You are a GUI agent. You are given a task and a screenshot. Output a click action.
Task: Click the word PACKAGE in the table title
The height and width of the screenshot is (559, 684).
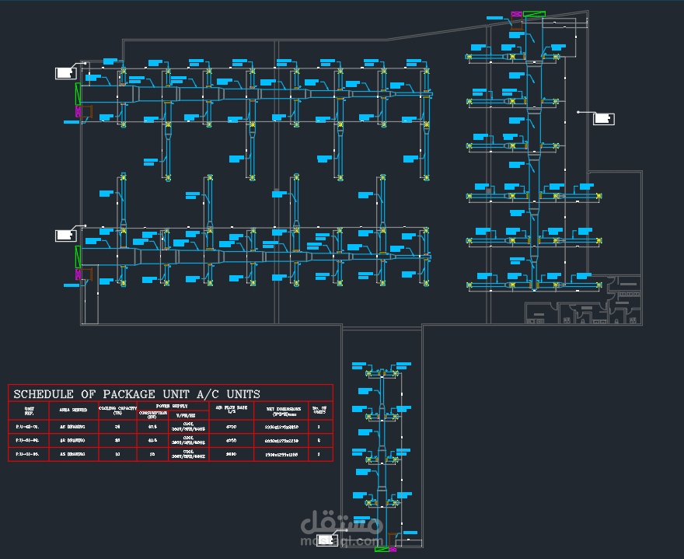129,394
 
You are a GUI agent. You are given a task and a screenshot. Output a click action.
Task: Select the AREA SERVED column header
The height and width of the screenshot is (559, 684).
73,408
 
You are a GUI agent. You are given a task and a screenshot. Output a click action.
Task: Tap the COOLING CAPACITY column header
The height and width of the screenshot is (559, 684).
117,409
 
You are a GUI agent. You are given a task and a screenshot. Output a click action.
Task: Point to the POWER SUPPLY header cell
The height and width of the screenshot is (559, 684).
172,405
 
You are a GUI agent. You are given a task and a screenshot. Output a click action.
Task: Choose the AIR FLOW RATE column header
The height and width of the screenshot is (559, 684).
231,408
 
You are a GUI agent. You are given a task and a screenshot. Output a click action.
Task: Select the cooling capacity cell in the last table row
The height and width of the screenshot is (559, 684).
117,453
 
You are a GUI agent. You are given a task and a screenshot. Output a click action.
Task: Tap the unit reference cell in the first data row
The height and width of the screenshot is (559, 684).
29,427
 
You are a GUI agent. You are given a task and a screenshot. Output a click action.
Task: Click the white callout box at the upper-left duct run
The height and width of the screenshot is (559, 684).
65,73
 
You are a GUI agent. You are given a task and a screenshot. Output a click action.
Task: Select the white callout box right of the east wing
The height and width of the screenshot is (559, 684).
603,118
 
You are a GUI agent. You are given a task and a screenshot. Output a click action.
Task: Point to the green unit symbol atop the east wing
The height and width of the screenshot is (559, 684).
534,14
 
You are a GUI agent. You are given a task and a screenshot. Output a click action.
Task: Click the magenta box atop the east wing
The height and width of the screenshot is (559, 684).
516,16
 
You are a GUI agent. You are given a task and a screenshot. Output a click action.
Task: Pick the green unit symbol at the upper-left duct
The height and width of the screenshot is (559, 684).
77,94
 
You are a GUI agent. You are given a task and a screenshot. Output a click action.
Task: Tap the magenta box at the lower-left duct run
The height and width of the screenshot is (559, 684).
78,274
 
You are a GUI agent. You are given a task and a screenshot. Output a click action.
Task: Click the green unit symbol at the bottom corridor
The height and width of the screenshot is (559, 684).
382,550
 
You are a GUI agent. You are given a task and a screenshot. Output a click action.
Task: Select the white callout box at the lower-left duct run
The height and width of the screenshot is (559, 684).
65,235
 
